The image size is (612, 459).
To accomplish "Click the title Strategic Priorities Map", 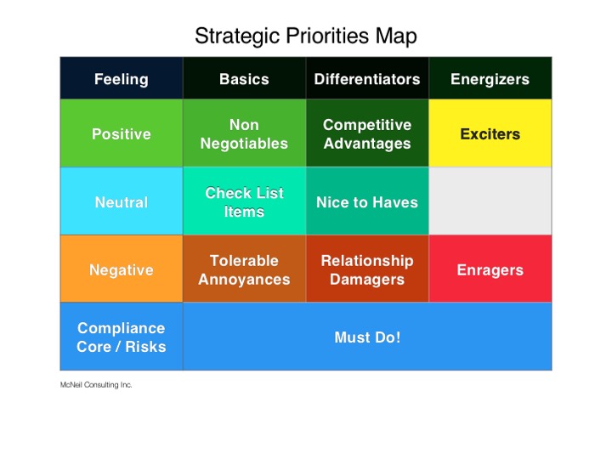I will coord(306,37).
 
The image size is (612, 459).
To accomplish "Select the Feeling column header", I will coord(121,79).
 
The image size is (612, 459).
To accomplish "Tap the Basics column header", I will coord(244,79).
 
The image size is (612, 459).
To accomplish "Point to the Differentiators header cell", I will coord(367,79).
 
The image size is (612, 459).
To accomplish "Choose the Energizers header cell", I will coord(490,79).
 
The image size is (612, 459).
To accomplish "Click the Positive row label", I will coord(121,134).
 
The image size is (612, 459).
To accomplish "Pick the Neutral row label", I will coord(121,202).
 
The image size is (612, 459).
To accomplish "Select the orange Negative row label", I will coord(121,270).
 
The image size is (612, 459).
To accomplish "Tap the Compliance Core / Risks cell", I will coord(121,337).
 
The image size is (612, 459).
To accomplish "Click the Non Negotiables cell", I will coord(244,134).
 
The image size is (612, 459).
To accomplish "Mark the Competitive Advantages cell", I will coord(367,134).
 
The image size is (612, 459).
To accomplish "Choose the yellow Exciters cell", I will coord(490,134).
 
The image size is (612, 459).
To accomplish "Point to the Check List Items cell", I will coord(244,202).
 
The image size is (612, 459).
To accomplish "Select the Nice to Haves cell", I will coord(367,202).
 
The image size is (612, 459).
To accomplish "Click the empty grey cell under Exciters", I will coord(490,201).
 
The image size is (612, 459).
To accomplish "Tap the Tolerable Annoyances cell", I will coord(244,269).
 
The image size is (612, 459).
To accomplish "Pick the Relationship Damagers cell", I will coord(367,269).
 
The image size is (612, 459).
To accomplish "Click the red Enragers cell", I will coord(490,270).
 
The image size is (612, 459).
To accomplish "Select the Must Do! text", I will coord(367,337).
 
